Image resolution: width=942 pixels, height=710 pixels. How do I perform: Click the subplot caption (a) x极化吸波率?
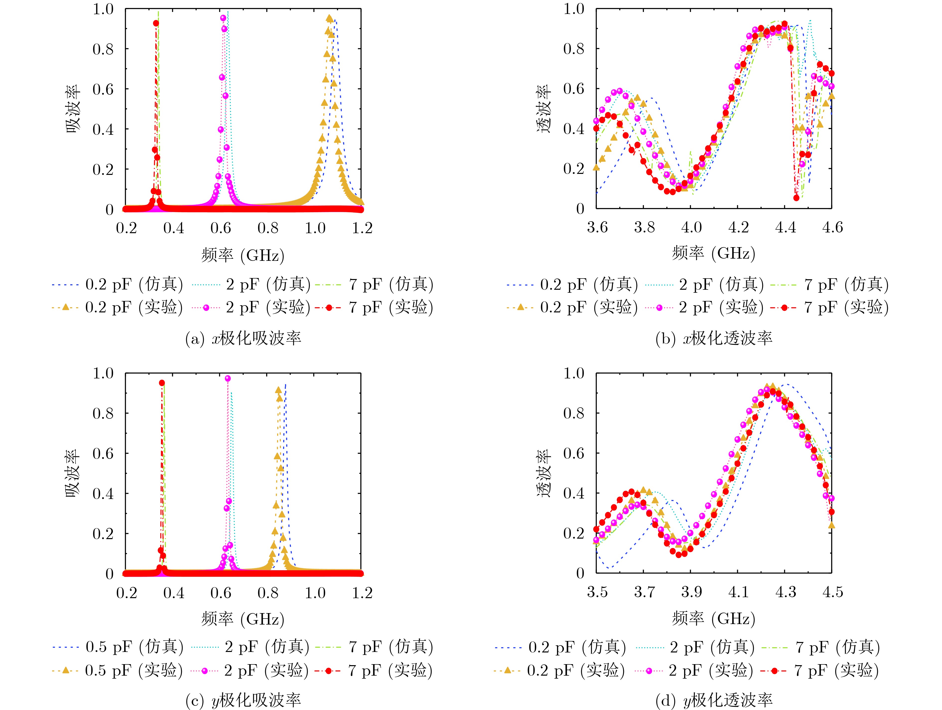pyautogui.click(x=243, y=338)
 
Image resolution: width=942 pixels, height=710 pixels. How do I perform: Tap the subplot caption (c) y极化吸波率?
pyautogui.click(x=243, y=700)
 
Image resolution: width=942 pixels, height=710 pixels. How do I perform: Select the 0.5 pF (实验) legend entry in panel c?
pyautogui.click(x=118, y=670)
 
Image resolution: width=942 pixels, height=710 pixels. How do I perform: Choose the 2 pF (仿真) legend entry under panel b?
pyautogui.click(x=705, y=284)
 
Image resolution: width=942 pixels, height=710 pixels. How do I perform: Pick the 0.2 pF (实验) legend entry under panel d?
pyautogui.click(x=559, y=670)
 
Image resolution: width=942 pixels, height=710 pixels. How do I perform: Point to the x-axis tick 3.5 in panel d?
pyautogui.click(x=597, y=592)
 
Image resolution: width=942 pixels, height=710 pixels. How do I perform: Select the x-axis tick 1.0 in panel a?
pyautogui.click(x=315, y=228)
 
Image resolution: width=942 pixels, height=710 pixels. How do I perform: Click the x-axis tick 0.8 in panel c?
pyautogui.click(x=268, y=592)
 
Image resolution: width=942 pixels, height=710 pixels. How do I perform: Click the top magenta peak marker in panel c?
pyautogui.click(x=228, y=378)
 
